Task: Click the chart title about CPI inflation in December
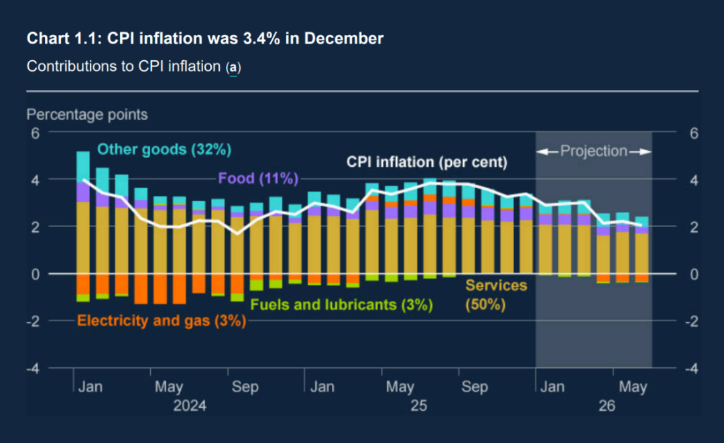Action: (x=205, y=39)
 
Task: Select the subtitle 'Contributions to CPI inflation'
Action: (x=124, y=67)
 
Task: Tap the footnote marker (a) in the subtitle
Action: (x=233, y=68)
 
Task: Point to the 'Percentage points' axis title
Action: (x=87, y=115)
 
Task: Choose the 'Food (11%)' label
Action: (x=258, y=178)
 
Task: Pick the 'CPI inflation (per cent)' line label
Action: (x=427, y=162)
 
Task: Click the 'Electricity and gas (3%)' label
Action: (x=162, y=320)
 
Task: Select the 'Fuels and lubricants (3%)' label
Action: (x=341, y=305)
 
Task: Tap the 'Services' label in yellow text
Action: (x=496, y=286)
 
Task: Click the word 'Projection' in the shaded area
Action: (x=594, y=151)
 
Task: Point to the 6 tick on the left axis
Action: (x=35, y=133)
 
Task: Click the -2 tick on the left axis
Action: (x=32, y=321)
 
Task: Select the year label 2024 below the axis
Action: (x=190, y=406)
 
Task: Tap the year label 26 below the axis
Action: (x=607, y=406)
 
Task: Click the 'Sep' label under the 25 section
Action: (x=475, y=387)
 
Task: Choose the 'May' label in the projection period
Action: (x=632, y=387)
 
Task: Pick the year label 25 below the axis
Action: (x=419, y=406)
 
